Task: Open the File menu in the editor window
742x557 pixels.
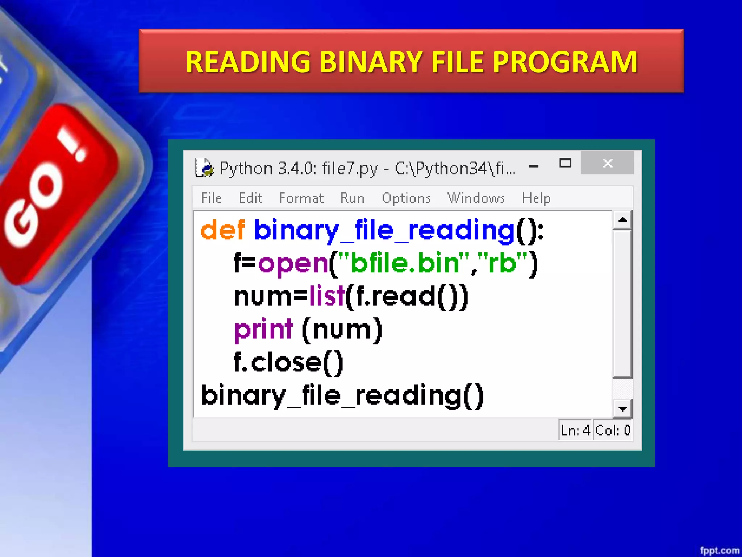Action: [x=211, y=198]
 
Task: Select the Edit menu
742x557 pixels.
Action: [x=250, y=198]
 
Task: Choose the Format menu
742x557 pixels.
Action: [x=301, y=198]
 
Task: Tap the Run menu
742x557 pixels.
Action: [x=352, y=198]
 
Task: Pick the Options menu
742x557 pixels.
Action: [x=406, y=198]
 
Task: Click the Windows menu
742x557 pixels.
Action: [x=476, y=198]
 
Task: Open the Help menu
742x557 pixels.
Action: [x=536, y=198]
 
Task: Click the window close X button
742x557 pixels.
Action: [x=607, y=163]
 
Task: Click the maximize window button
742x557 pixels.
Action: [x=565, y=163]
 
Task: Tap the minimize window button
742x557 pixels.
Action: [x=533, y=166]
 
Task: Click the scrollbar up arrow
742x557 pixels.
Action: [x=622, y=220]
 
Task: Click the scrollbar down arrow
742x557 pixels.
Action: [x=622, y=409]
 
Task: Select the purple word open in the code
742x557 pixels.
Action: [x=293, y=264]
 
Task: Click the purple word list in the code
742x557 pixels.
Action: [x=326, y=296]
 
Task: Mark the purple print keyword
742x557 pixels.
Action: [x=263, y=329]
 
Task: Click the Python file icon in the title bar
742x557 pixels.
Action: [x=204, y=168]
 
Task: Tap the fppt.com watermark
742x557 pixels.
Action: [x=719, y=550]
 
